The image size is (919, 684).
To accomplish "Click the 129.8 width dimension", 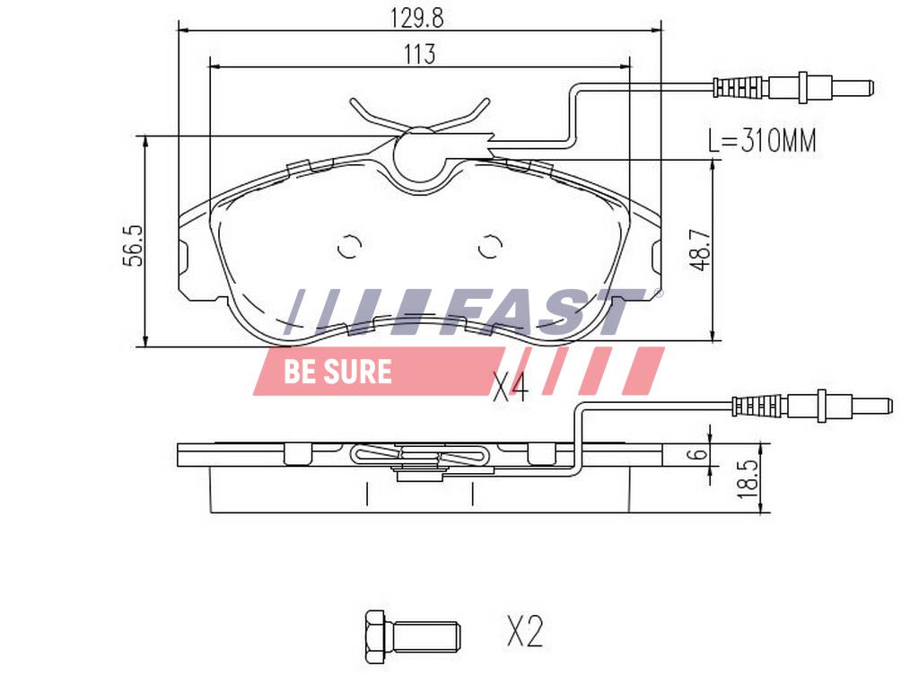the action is [x=417, y=17].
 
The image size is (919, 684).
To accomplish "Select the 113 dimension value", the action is [x=419, y=54].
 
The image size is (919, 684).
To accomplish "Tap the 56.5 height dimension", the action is [x=134, y=246].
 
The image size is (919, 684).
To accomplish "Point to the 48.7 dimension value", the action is [x=700, y=250].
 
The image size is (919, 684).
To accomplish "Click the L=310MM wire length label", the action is [x=762, y=141].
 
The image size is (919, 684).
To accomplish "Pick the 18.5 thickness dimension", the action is [x=748, y=478].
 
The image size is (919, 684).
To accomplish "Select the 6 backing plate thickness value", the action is [x=699, y=453].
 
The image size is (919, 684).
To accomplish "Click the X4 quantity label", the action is [x=510, y=387].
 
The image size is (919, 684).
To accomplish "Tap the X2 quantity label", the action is [x=525, y=632].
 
